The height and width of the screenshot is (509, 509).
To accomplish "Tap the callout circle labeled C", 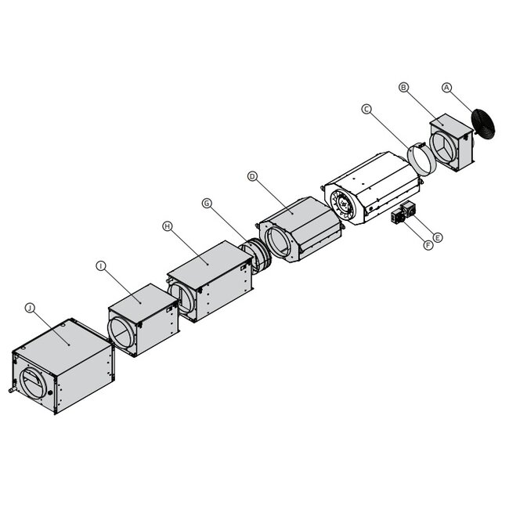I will [366, 110].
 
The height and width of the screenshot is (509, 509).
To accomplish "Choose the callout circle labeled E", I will [438, 236].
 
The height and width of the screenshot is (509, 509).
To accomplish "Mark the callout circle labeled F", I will [428, 244].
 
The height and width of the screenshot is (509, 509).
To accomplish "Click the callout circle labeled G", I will [207, 203].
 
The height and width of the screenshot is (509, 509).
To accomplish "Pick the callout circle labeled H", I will [167, 226].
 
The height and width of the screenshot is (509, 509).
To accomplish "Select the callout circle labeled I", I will [100, 266].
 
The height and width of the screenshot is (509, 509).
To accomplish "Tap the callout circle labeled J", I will [30, 309].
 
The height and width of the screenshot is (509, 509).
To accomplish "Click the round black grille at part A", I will [482, 125].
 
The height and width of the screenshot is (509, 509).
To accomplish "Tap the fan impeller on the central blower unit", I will [343, 201].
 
